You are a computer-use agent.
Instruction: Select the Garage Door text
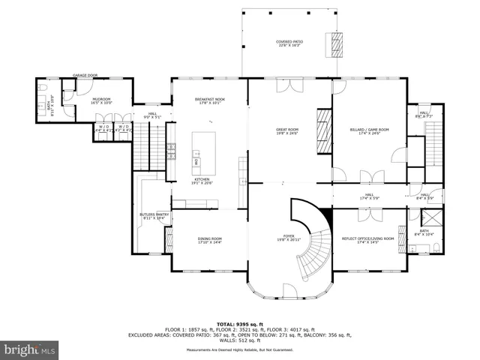click(x=85, y=75)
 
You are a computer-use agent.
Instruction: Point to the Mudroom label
click(x=101, y=101)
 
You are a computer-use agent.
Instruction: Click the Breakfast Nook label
click(x=209, y=101)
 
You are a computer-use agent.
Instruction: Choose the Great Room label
click(x=288, y=132)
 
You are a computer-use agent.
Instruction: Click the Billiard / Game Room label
click(x=369, y=132)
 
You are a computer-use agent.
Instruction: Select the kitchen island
click(x=203, y=150)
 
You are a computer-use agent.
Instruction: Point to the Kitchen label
click(x=202, y=181)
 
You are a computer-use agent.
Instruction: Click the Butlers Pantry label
click(x=154, y=216)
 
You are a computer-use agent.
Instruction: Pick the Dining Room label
click(x=209, y=240)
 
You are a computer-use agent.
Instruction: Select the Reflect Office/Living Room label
click(x=369, y=240)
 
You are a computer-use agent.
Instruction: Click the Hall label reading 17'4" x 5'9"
click(x=369, y=196)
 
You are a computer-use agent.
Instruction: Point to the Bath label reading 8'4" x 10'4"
click(x=424, y=232)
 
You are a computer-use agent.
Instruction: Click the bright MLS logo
click(x=30, y=349)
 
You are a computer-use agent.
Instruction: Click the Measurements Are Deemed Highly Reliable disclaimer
click(x=240, y=349)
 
